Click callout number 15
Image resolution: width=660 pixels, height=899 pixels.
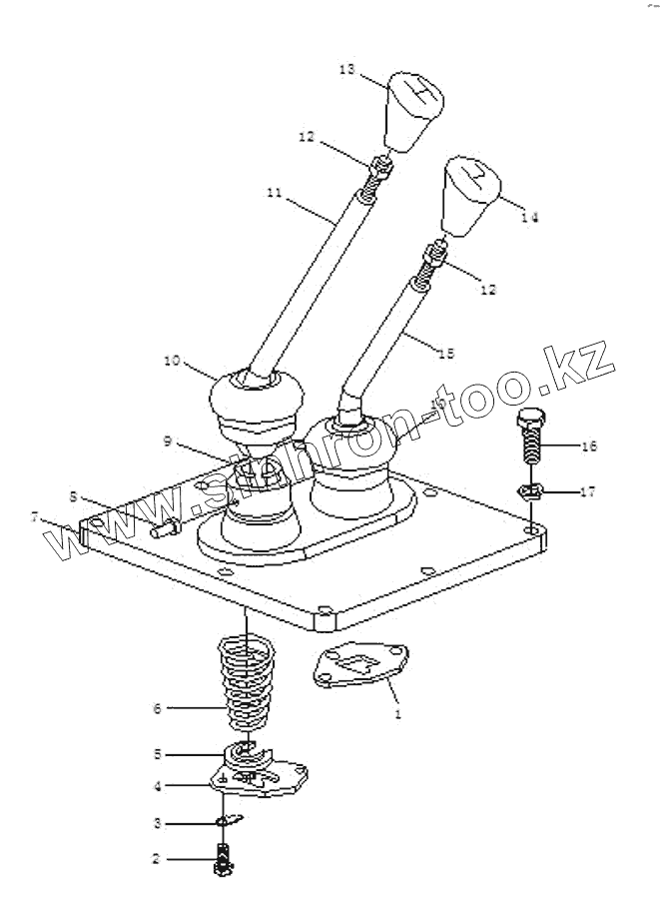point(445,353)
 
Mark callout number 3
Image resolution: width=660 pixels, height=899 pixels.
point(156,823)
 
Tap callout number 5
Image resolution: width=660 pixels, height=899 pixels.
point(156,753)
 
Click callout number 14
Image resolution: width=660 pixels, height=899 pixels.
point(529,217)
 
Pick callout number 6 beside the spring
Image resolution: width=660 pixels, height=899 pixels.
point(156,708)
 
